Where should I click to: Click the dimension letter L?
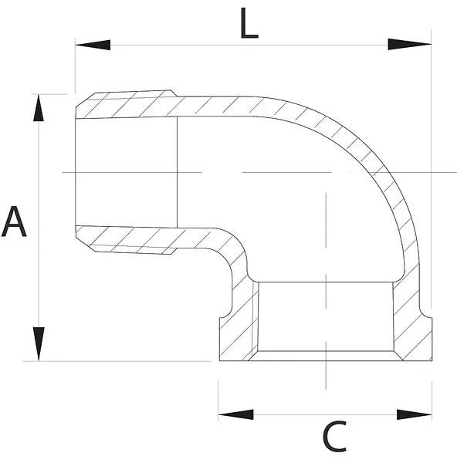[x=249, y=23]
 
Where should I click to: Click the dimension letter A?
[x=14, y=221]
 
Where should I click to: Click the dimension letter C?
[x=334, y=437]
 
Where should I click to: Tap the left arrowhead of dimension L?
[x=93, y=45]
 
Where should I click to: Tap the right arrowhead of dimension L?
[x=409, y=44]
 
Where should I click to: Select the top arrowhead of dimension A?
[x=39, y=108]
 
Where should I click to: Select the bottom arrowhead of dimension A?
[x=39, y=343]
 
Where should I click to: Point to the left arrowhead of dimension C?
[x=235, y=414]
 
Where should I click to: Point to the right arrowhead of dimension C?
[x=415, y=414]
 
